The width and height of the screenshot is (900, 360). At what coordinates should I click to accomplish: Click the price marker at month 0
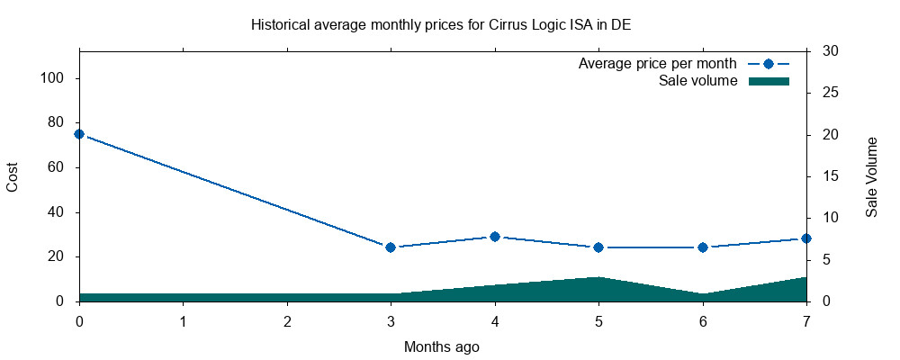coord(79,134)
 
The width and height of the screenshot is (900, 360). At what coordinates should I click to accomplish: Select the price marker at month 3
coord(391,247)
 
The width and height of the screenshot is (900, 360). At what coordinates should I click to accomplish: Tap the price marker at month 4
coord(494,237)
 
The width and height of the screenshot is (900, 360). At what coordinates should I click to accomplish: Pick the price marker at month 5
coord(598,247)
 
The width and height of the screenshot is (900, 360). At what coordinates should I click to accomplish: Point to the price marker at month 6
coord(702,247)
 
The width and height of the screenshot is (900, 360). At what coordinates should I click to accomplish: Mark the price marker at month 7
coord(806,238)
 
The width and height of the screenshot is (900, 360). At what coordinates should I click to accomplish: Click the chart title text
coord(441,24)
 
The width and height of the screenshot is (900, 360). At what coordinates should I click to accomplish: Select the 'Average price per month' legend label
coord(658,64)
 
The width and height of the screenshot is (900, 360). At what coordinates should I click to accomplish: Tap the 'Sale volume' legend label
coord(698,81)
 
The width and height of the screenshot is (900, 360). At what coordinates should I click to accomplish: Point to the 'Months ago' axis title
coord(441,346)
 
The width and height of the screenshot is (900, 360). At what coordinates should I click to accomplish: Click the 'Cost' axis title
coord(13,176)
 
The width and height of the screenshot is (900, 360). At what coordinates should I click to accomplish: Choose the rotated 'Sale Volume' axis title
coord(872,176)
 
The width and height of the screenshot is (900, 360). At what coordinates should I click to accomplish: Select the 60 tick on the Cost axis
coord(58,167)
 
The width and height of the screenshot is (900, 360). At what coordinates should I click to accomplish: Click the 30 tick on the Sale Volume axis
coord(824,51)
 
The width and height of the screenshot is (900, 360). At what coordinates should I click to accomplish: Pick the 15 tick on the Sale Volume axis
coord(824,176)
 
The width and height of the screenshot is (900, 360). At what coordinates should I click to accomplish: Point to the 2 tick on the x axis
coord(287,321)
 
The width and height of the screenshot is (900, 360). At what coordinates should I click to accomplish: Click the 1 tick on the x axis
coord(184,321)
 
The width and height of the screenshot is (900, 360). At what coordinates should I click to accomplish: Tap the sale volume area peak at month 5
coord(598,278)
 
